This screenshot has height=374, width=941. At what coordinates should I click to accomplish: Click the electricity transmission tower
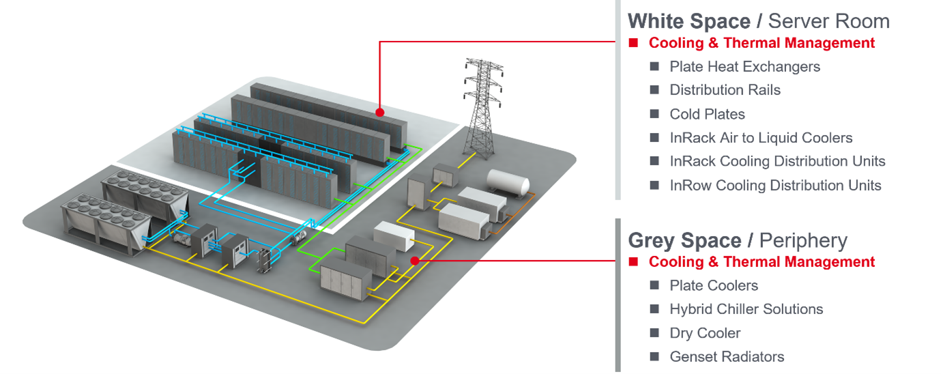(x=483, y=109)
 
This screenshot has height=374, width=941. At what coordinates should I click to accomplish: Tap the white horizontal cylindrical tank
(x=508, y=183)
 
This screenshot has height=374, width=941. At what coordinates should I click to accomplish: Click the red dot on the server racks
(x=380, y=112)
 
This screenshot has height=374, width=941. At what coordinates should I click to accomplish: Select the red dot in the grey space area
(x=415, y=261)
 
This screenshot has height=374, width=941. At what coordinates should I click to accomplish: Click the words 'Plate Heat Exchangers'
(x=745, y=66)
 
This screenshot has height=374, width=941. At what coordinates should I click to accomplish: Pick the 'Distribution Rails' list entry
(x=725, y=90)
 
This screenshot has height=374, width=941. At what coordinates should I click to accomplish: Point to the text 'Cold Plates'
(x=707, y=114)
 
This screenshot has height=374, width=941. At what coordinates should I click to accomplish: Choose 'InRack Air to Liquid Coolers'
(x=761, y=137)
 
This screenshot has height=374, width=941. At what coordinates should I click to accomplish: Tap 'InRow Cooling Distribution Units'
(x=775, y=186)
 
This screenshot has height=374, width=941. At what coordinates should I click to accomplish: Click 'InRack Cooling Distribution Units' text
(x=777, y=161)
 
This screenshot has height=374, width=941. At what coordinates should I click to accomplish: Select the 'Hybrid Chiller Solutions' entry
(x=746, y=309)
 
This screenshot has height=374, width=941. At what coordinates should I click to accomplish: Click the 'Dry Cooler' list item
(x=705, y=333)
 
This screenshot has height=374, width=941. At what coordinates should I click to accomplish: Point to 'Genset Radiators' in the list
(x=727, y=357)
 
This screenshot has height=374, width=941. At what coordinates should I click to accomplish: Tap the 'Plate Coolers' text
(x=714, y=285)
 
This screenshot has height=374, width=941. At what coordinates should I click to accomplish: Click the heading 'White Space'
(x=689, y=21)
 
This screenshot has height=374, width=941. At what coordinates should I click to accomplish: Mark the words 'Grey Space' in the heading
(x=684, y=240)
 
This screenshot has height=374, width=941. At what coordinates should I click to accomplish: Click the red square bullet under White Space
(x=633, y=43)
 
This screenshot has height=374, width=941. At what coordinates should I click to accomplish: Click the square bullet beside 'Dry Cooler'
(x=654, y=333)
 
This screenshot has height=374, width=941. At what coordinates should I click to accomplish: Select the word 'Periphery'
(x=803, y=241)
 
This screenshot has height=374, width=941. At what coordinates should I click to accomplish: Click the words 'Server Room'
(x=829, y=21)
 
